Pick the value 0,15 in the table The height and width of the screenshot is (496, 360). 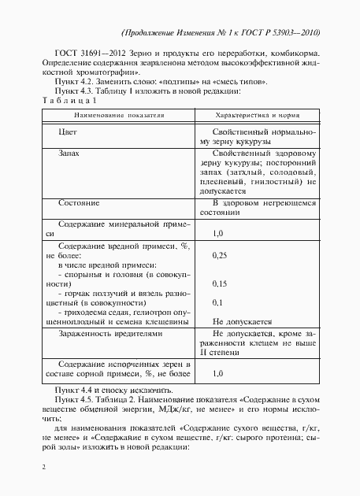221,283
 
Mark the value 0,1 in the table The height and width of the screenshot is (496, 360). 218,302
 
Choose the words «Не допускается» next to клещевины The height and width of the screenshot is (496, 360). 242,321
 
